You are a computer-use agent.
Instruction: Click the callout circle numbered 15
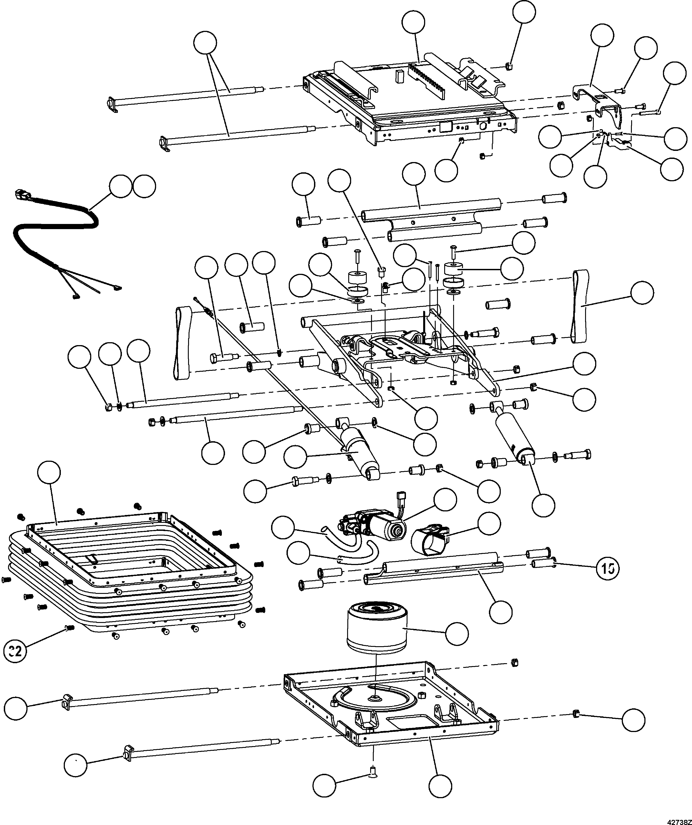click(x=607, y=568)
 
